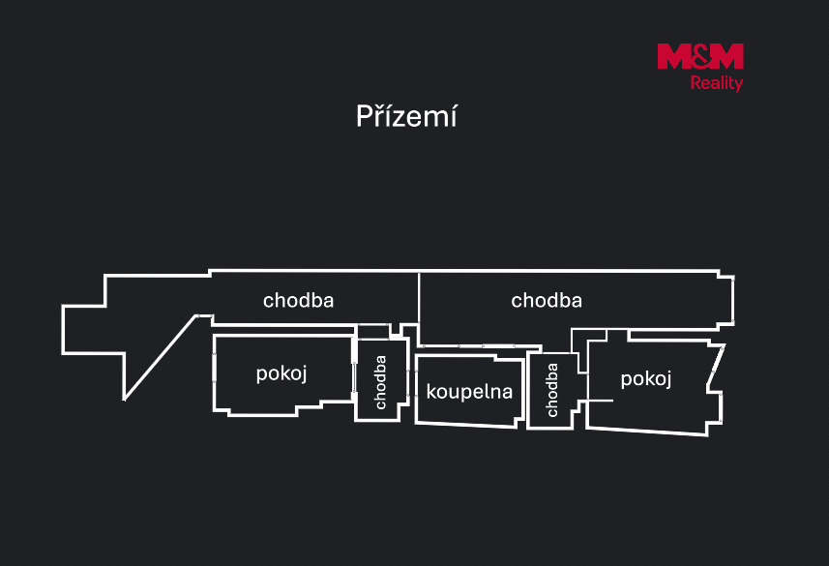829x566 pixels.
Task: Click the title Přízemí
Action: [406, 116]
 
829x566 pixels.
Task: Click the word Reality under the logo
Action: [717, 83]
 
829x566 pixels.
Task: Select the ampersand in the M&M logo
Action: [700, 56]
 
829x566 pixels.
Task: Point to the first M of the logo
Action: [673, 56]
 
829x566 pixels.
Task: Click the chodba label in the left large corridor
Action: [298, 301]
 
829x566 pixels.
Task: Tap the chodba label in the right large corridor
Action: [547, 301]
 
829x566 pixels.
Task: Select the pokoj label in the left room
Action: [281, 374]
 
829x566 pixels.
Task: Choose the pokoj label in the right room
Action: [645, 379]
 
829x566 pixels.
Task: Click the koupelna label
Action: [469, 392]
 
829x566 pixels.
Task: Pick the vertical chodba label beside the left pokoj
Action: [380, 382]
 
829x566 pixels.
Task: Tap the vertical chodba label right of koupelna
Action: [551, 390]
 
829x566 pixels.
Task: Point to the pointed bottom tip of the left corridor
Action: [124, 400]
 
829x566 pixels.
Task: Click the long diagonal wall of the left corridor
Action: [161, 358]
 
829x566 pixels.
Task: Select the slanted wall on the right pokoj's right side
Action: [716, 365]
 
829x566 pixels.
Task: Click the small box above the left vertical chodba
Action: [373, 332]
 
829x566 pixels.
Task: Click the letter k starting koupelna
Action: [430, 391]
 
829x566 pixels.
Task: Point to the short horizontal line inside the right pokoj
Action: [600, 401]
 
